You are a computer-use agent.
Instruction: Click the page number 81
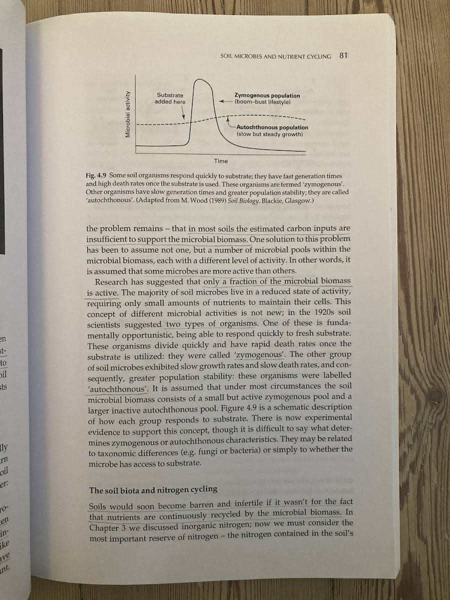click(x=343, y=55)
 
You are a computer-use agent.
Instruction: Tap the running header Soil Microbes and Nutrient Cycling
click(x=275, y=56)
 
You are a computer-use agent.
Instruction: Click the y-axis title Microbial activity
click(x=128, y=114)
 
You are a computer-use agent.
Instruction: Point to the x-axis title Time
click(x=221, y=161)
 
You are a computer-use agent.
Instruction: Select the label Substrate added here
click(x=170, y=98)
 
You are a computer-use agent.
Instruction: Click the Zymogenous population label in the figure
click(x=267, y=98)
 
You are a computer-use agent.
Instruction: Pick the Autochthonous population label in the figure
click(x=272, y=130)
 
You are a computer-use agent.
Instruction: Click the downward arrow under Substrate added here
click(x=183, y=114)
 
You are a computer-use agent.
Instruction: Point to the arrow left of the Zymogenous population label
click(x=226, y=101)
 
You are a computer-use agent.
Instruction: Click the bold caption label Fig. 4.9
click(x=96, y=176)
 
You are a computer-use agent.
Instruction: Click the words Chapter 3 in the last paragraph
click(x=106, y=527)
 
